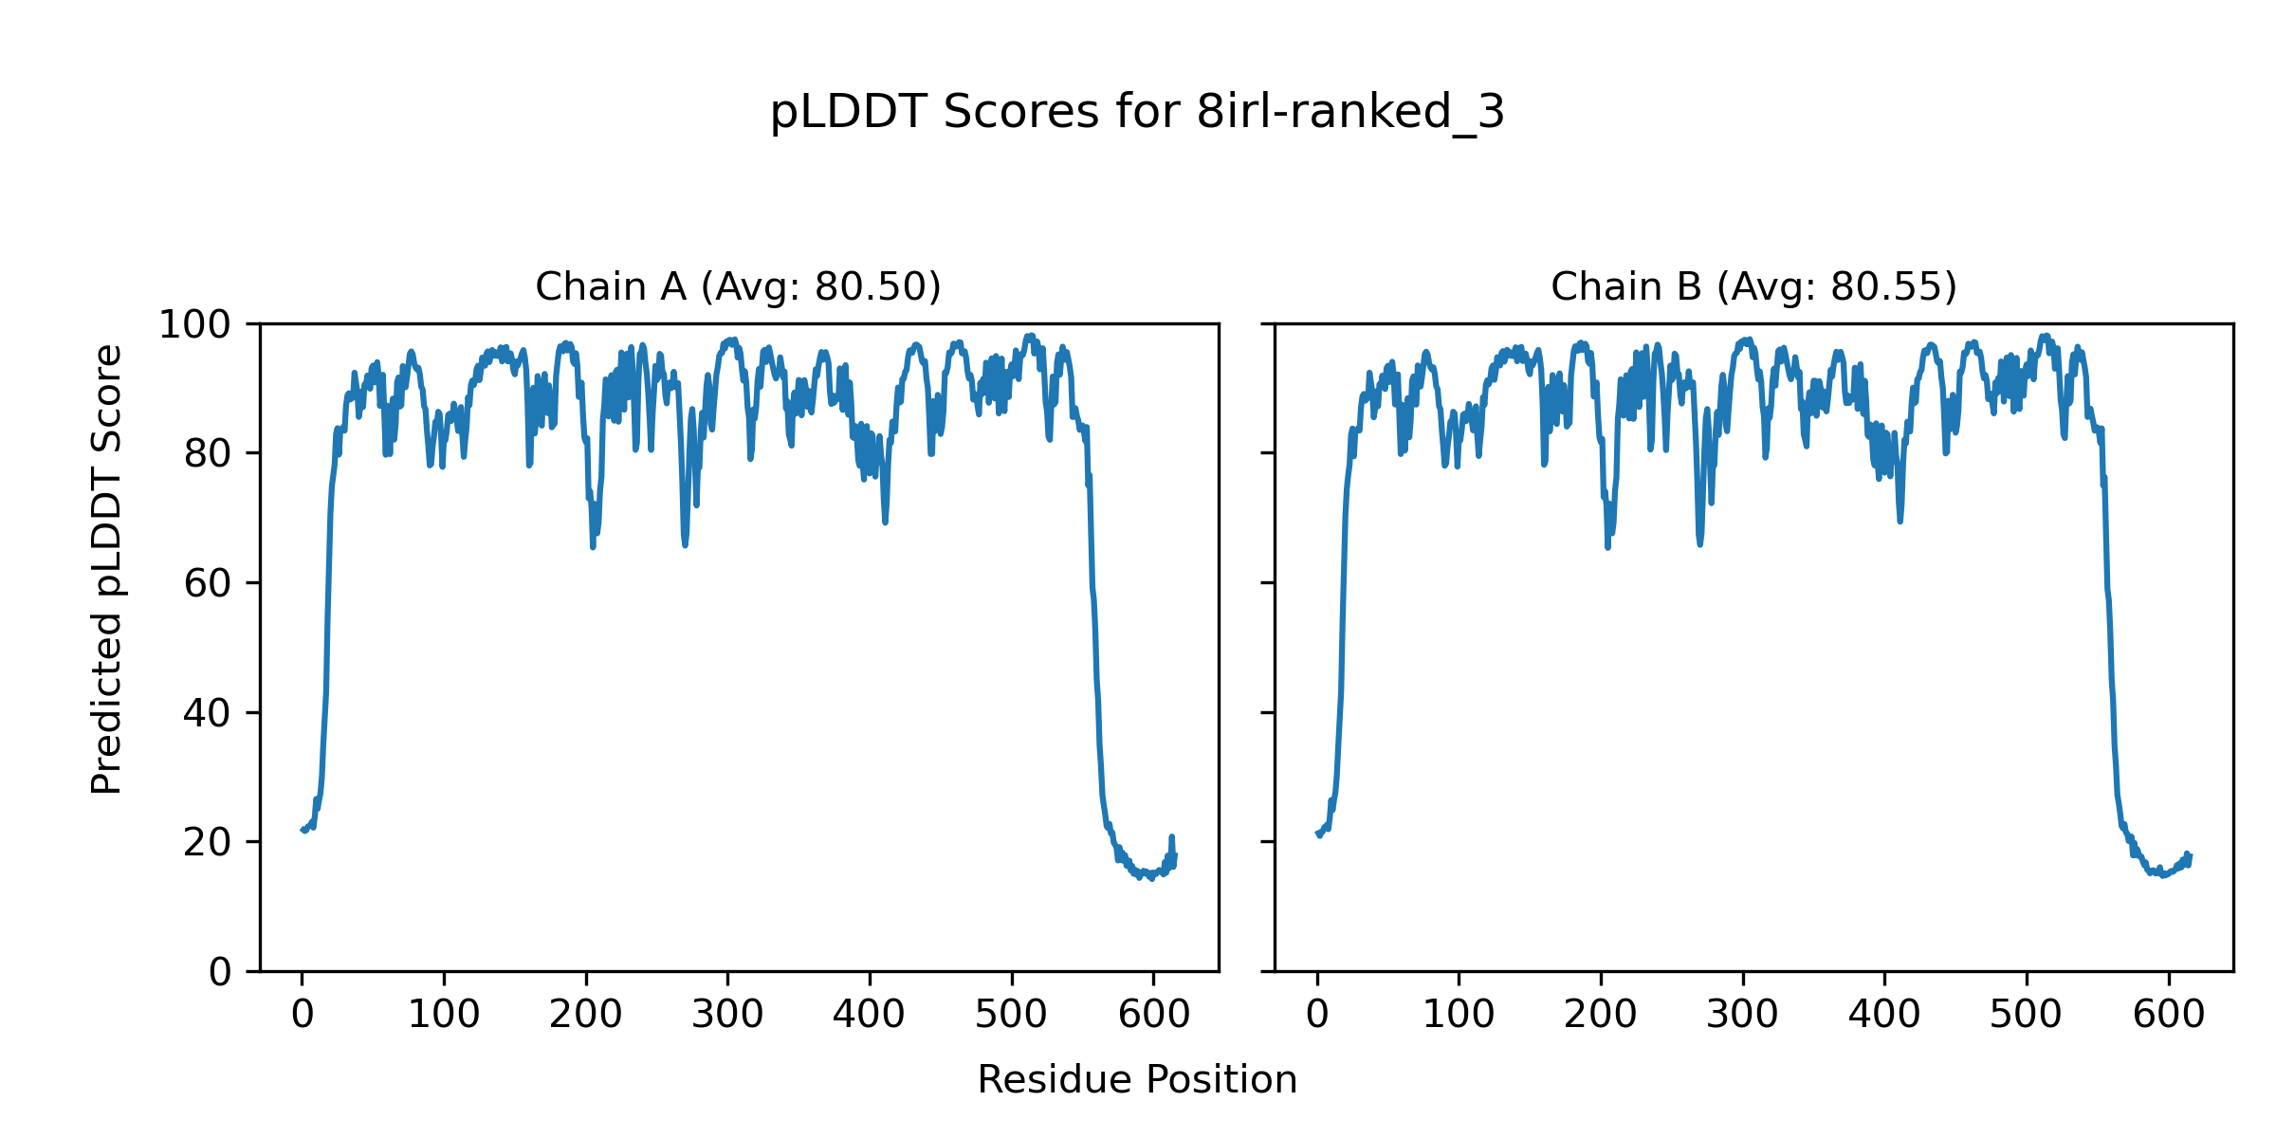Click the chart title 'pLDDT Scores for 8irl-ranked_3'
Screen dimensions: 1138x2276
coord(1137,113)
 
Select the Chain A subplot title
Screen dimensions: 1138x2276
coord(738,286)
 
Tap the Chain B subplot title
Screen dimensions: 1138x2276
coord(1753,286)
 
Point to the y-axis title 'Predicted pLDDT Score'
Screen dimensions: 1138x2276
coord(106,569)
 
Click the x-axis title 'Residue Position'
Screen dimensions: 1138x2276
coord(1137,1079)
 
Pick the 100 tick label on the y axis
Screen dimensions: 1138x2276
coord(194,325)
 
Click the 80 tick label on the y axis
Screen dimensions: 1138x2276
coord(208,454)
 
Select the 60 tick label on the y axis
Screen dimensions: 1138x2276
coord(208,583)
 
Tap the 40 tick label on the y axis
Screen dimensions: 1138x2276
coord(208,713)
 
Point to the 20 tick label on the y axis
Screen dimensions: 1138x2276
coord(208,842)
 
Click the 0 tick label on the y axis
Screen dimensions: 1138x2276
coord(220,972)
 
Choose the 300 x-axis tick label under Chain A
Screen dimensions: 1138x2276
coord(727,1015)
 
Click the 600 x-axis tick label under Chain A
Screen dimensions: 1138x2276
coord(1153,1015)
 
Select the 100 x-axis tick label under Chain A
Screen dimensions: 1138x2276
coord(444,1015)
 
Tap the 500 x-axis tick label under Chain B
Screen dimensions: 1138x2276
coord(2027,1015)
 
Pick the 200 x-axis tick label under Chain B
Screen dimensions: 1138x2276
coord(1601,1015)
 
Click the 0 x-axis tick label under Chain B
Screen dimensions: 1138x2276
coord(1317,1015)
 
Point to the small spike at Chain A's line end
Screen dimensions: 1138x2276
coord(1172,837)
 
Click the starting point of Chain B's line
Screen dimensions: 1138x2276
coord(1317,833)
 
